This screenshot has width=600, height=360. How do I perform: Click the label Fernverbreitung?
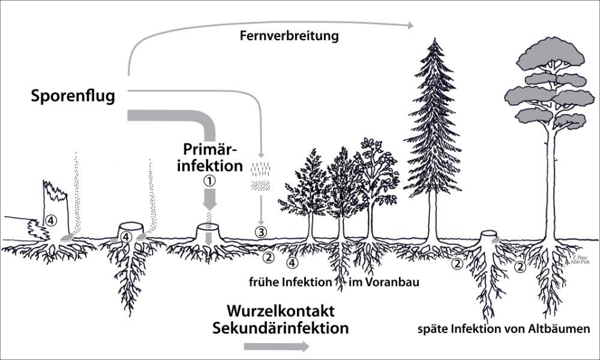(289, 36)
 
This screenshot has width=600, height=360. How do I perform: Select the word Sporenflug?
(73, 95)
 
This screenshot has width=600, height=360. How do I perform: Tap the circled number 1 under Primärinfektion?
(209, 180)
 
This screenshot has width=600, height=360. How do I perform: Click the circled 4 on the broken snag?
(52, 220)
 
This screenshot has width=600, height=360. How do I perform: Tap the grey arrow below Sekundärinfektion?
(277, 346)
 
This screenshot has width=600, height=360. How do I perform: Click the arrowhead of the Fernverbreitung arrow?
(411, 25)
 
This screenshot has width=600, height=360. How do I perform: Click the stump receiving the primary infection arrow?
(209, 232)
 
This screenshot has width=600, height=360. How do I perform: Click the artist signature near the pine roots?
(578, 259)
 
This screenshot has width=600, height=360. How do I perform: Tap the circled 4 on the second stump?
(125, 238)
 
